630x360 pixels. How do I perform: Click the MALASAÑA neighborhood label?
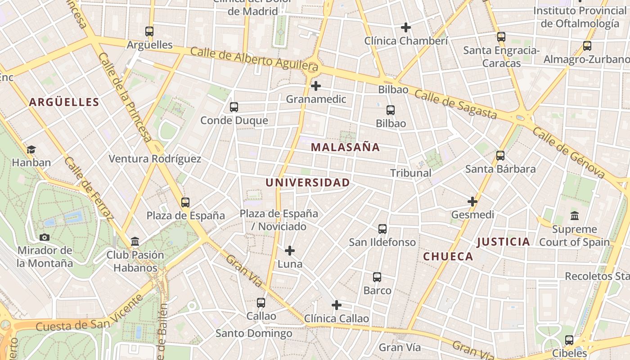point(345,147)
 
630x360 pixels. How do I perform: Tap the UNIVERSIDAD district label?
point(307,183)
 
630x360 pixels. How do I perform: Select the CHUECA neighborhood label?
point(448,256)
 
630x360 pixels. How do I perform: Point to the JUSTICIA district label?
point(503,242)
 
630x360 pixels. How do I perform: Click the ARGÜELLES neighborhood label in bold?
point(64,102)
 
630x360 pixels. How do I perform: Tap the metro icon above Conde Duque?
point(234,107)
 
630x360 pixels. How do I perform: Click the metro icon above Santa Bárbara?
point(500,156)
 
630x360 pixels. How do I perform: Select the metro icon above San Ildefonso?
point(382,229)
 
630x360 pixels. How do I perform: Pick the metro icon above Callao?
point(261,303)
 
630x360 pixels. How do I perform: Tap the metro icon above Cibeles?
point(569,340)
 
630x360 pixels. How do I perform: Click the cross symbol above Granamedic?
point(316,85)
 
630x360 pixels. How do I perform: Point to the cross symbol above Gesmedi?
point(472,201)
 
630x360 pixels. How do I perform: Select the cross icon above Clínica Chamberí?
point(406,27)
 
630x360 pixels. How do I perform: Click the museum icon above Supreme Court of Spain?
point(574,216)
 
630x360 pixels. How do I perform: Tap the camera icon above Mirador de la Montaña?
point(45,237)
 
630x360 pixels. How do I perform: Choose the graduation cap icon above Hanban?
point(31,149)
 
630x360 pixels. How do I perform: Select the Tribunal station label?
point(410,173)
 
